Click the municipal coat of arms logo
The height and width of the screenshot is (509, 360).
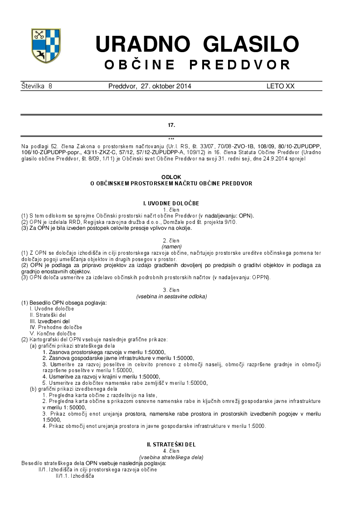click(46, 46)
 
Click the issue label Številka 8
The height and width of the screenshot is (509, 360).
click(37, 86)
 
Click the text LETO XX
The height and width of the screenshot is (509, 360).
click(280, 86)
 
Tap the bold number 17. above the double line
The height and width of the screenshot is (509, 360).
click(171, 124)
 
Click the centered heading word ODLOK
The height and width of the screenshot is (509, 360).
click(171, 177)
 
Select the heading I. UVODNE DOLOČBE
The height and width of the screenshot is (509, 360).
click(171, 204)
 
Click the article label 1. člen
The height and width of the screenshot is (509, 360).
click(171, 210)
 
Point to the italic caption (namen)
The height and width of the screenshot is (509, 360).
click(171, 246)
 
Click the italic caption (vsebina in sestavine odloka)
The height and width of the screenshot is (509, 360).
click(171, 296)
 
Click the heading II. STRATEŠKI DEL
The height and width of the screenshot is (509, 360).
click(171, 445)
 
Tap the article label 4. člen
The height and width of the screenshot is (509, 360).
click(171, 451)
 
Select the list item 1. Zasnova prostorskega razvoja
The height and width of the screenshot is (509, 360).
click(104, 352)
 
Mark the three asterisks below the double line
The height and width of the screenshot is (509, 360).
click(171, 139)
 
